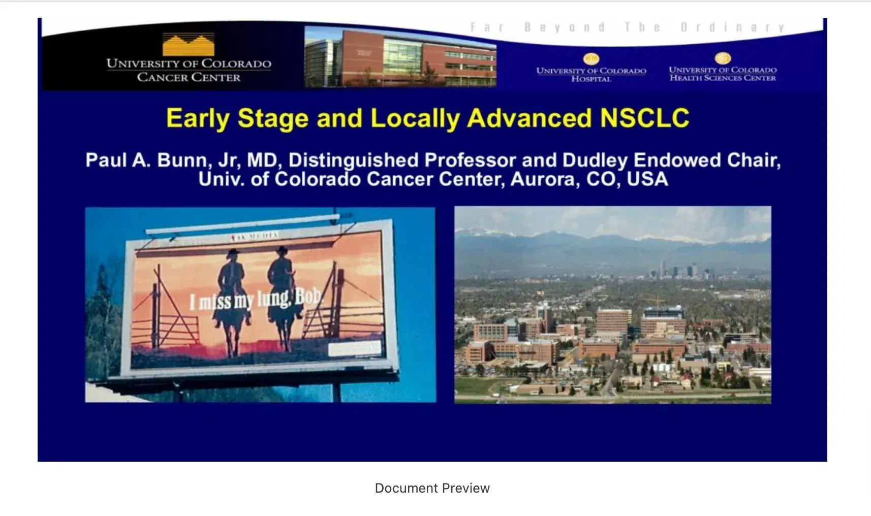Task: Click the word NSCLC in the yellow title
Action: pyautogui.click(x=644, y=118)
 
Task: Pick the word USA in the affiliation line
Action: pyautogui.click(x=647, y=179)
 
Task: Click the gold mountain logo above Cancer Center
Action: pyautogui.click(x=188, y=45)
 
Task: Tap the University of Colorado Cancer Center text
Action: pyautogui.click(x=189, y=70)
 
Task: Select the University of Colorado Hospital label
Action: pyautogui.click(x=591, y=75)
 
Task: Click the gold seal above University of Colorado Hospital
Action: pyautogui.click(x=591, y=59)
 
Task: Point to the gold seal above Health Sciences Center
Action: pyautogui.click(x=723, y=58)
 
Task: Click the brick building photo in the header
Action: pyautogui.click(x=400, y=57)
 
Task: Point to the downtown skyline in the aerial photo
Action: pyautogui.click(x=681, y=271)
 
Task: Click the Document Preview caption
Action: pyautogui.click(x=432, y=488)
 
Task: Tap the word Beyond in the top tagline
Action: pyautogui.click(x=565, y=27)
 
